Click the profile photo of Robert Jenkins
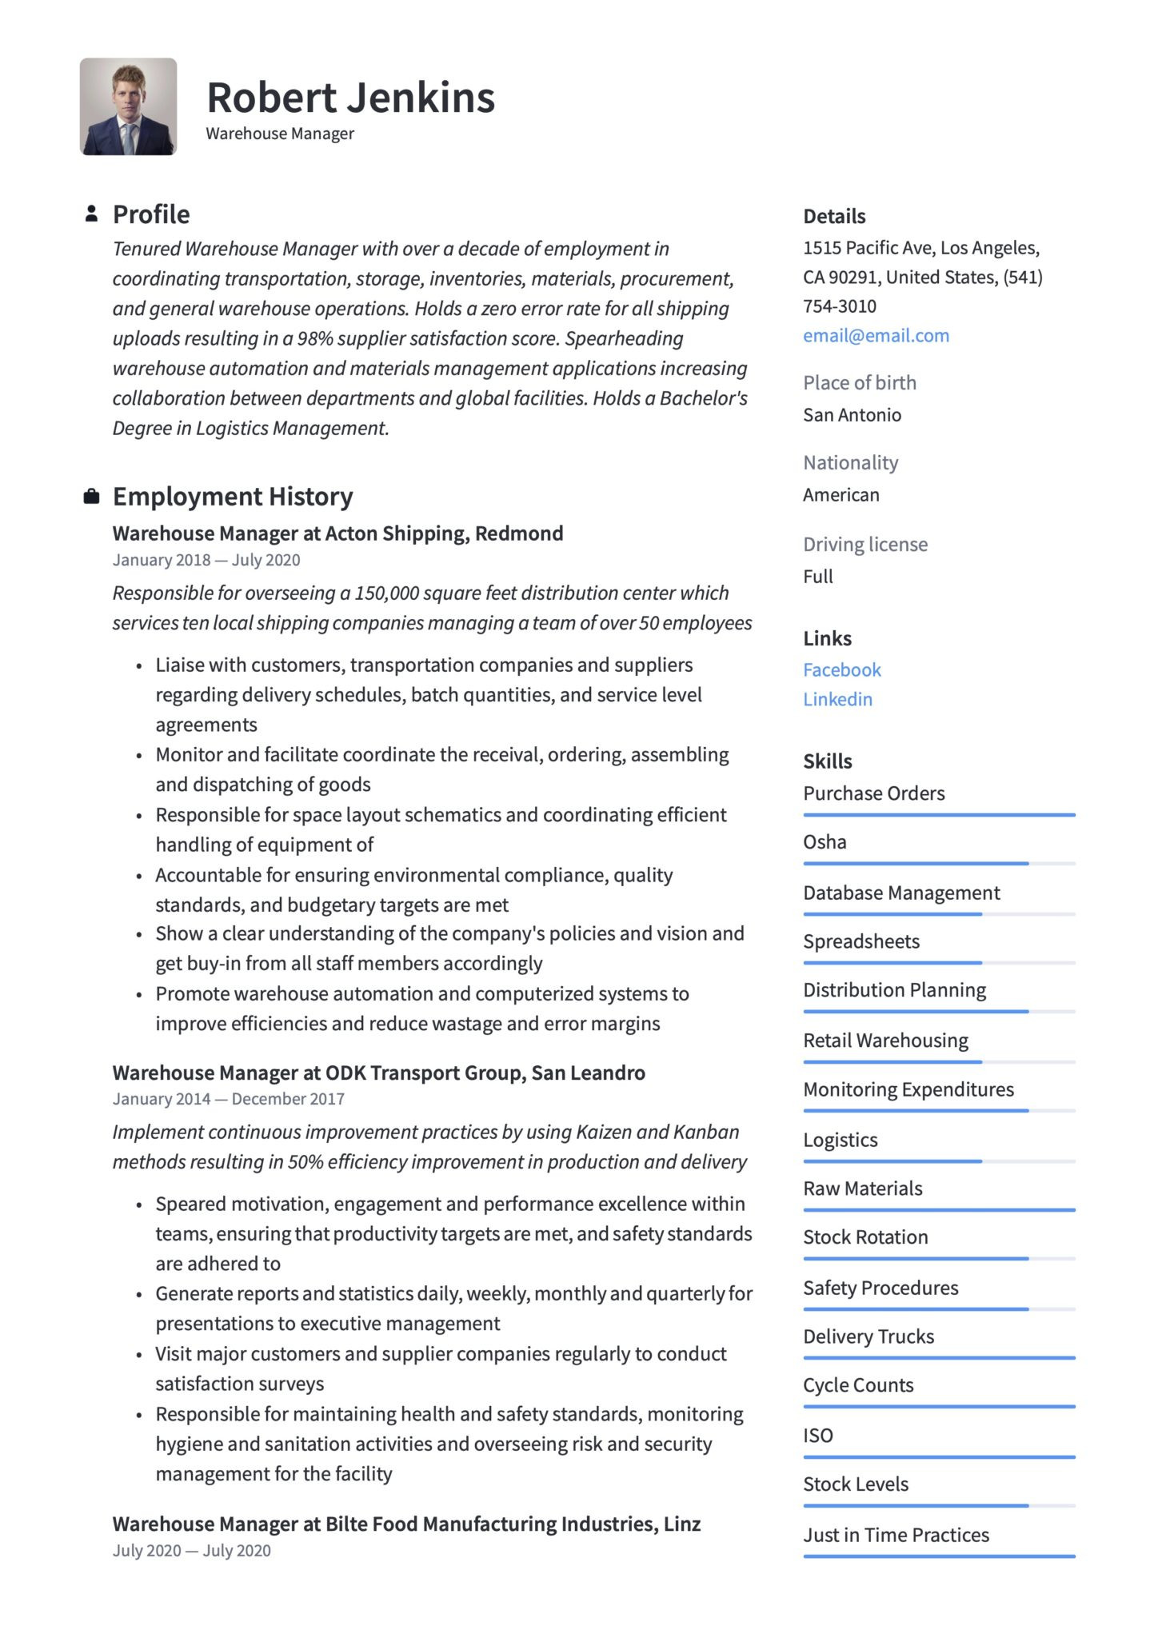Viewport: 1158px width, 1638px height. tap(128, 106)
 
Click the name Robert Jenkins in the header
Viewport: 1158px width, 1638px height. tap(350, 98)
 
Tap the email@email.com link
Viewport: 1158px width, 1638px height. tap(876, 336)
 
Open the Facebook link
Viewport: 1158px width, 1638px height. tap(841, 669)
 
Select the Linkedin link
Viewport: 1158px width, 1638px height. tap(837, 699)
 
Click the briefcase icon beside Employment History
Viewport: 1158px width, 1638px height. tap(92, 497)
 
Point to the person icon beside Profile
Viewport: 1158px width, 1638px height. tap(92, 214)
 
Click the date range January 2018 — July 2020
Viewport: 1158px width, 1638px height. tap(206, 560)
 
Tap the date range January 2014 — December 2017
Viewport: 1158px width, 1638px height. tap(228, 1099)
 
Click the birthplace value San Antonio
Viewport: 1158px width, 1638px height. tap(852, 415)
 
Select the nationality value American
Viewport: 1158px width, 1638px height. tap(841, 495)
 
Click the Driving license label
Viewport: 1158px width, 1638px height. tap(865, 545)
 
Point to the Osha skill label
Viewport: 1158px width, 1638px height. tap(825, 842)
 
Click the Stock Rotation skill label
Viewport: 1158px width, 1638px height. tap(865, 1237)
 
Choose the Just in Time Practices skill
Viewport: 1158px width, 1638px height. tap(896, 1535)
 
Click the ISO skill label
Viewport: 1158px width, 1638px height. tap(818, 1436)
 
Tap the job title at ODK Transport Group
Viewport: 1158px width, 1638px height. tap(378, 1073)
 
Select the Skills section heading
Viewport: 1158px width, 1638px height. tap(828, 761)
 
